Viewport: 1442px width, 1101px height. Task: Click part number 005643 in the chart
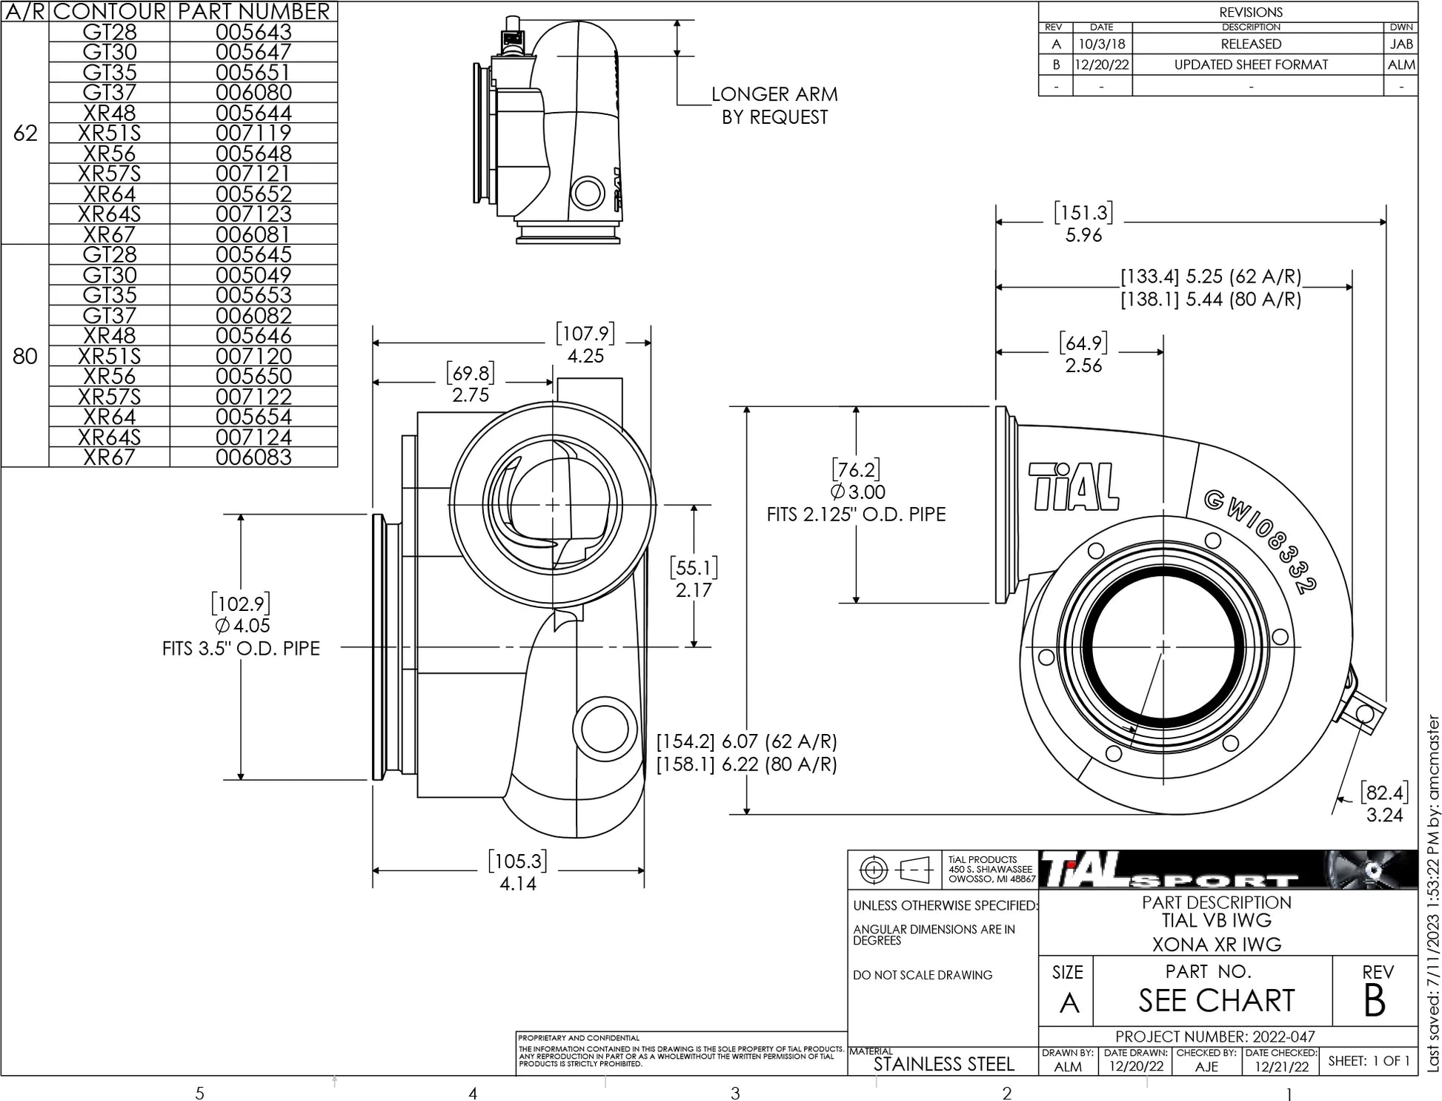click(253, 32)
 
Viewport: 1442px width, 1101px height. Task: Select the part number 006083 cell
click(253, 457)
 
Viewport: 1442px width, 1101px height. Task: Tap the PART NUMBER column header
click(253, 11)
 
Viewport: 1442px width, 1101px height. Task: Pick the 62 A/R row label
click(25, 133)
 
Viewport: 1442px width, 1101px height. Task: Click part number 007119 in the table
click(253, 133)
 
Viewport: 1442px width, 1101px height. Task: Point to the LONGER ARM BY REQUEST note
click(774, 105)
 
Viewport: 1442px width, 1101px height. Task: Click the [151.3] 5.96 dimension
click(1083, 223)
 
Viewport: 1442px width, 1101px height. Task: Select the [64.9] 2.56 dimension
click(1083, 354)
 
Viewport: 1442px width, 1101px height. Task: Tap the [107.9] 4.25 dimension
click(585, 344)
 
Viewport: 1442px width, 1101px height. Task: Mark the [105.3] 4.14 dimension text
click(518, 872)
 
